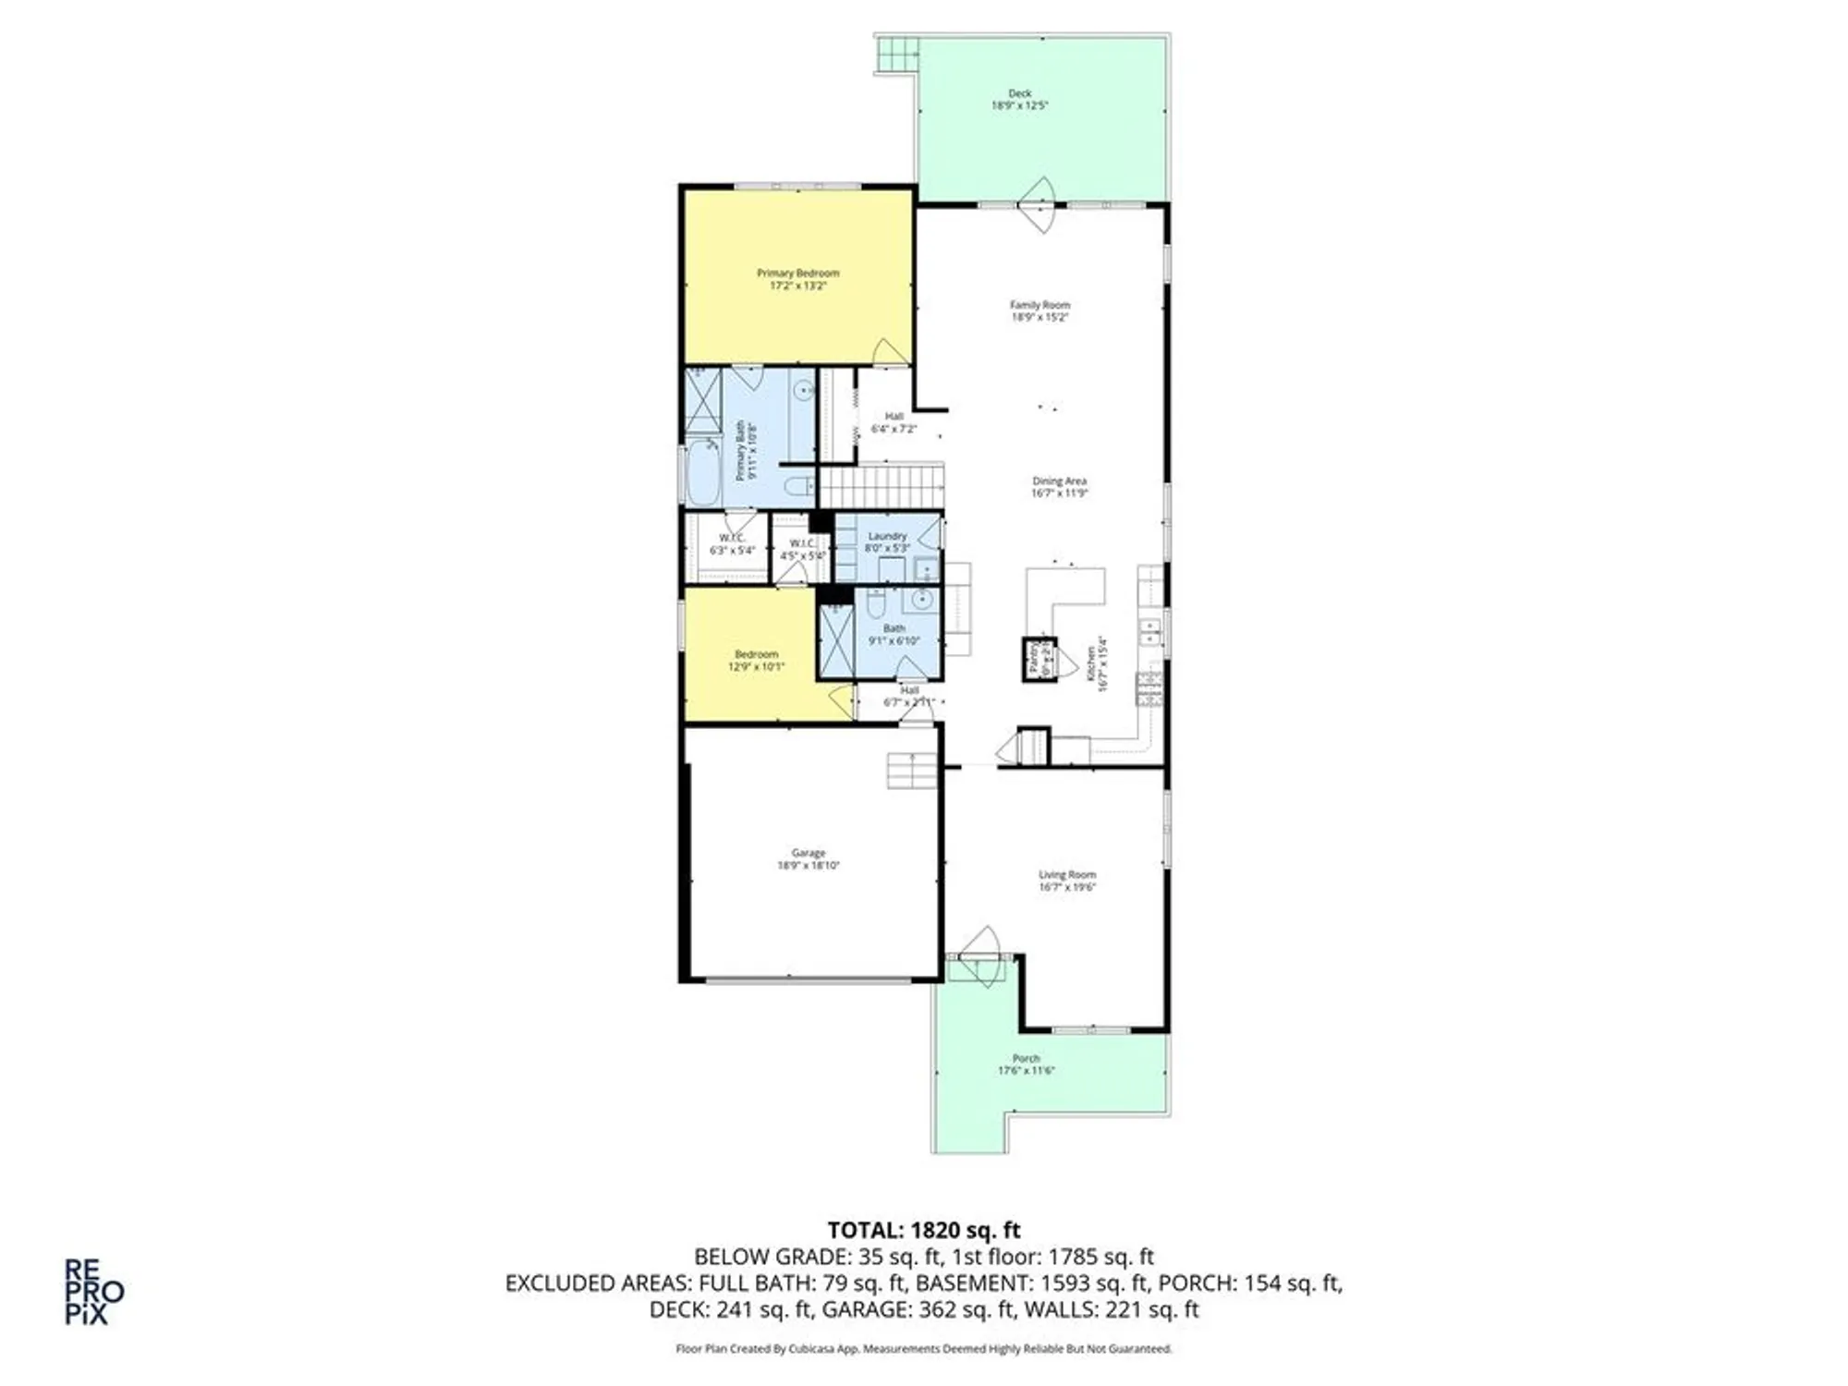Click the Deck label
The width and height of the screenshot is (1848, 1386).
[x=1019, y=93]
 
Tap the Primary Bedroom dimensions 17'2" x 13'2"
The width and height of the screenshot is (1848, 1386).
[x=797, y=286]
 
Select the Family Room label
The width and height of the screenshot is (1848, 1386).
[x=1039, y=305]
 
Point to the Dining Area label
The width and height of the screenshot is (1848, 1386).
[x=1059, y=481]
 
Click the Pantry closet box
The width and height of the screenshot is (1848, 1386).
[x=1038, y=659]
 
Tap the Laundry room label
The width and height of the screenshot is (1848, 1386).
[x=887, y=536]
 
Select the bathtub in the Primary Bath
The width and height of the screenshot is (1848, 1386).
[x=703, y=473]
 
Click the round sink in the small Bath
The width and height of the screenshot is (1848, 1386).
[x=921, y=601]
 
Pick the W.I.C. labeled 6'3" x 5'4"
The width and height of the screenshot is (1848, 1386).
[x=732, y=544]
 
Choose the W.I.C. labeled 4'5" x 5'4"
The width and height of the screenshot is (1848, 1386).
[x=802, y=550]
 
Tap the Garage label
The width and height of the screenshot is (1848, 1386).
[x=808, y=853]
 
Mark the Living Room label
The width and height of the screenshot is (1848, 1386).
[x=1066, y=874]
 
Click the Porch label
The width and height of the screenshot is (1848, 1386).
[x=1026, y=1058]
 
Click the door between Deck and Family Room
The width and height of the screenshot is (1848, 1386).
[x=1039, y=204]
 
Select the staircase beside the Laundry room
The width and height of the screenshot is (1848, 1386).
[x=880, y=487]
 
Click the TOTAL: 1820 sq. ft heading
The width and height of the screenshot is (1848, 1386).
[x=923, y=1230]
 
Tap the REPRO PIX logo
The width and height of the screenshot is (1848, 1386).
[x=93, y=1292]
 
